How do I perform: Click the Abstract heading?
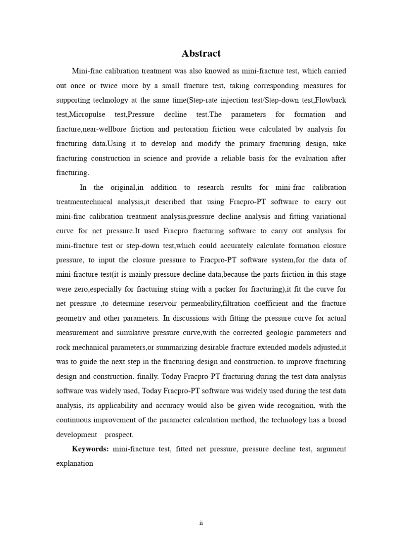201,53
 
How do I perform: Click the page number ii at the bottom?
201,523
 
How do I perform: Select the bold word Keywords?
90,449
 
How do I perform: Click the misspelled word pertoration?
191,129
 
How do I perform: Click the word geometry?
71,318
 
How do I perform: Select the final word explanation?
74,463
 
